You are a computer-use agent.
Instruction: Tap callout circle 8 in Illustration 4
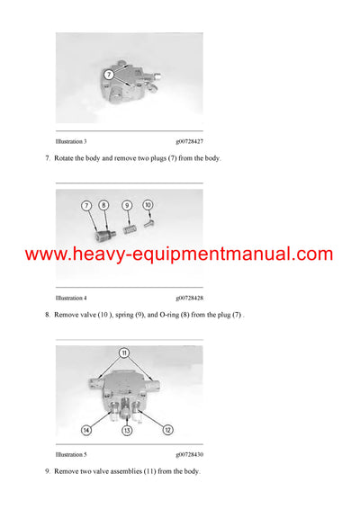(104, 206)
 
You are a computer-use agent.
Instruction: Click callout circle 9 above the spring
(128, 206)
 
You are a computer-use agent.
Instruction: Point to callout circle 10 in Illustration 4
(148, 206)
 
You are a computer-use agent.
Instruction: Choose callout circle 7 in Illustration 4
(88, 206)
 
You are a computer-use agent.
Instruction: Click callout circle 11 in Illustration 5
(124, 353)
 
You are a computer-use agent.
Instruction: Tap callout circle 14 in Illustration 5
(86, 430)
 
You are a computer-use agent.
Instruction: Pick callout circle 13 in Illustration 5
(127, 431)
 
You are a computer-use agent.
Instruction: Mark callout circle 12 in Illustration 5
(168, 430)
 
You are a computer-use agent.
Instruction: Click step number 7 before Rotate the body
(46, 159)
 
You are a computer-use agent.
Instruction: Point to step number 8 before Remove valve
(46, 316)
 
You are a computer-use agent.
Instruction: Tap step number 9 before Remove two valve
(46, 472)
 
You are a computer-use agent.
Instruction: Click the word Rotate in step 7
(66, 159)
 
